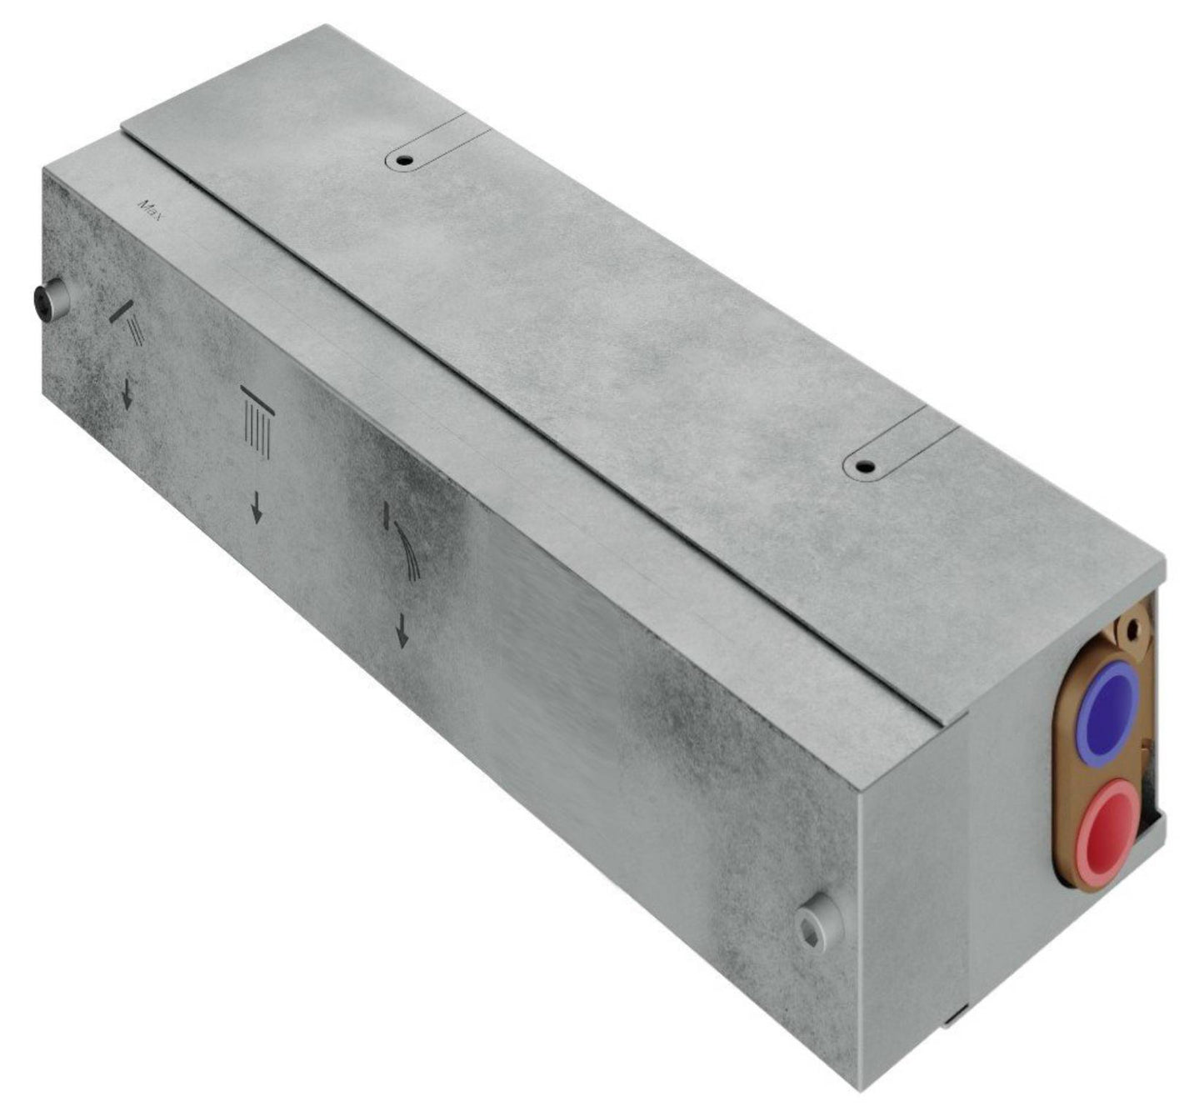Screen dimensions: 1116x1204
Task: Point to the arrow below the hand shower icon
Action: (127, 394)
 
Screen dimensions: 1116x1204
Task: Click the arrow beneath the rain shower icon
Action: (257, 508)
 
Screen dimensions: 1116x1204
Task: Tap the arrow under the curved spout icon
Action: (402, 632)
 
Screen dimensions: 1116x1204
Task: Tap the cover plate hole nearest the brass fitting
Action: (862, 465)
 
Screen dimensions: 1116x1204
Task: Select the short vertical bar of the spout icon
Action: (387, 518)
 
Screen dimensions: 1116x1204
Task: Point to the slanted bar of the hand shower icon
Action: (120, 312)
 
